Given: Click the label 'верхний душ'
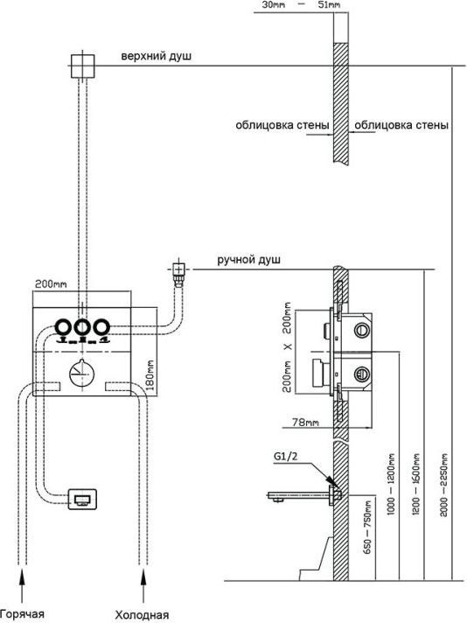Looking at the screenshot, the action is click(x=156, y=56).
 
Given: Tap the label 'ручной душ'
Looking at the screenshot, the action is click(x=248, y=260).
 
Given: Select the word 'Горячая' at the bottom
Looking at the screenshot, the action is click(x=22, y=613).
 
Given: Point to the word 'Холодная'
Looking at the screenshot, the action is click(x=142, y=614).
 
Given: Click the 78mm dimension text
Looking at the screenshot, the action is click(x=305, y=422).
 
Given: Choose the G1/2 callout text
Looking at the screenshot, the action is click(x=285, y=456).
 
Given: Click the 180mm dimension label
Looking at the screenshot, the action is click(x=150, y=375).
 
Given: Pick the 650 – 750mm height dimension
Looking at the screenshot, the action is click(x=367, y=528).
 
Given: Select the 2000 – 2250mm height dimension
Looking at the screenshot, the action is click(x=444, y=485).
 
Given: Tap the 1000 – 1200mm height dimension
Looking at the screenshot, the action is click(x=391, y=485).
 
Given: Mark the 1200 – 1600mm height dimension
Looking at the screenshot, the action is click(x=415, y=484).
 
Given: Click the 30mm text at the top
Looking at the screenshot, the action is click(x=273, y=5).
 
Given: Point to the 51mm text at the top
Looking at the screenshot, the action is click(x=329, y=5).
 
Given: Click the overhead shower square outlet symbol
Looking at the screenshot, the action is click(x=82, y=66).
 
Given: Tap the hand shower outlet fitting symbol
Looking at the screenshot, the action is click(x=179, y=273).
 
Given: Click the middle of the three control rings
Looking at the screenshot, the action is click(x=81, y=327).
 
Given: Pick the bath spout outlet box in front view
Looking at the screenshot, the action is click(x=82, y=499).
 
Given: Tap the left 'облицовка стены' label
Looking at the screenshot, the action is click(x=282, y=125).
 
